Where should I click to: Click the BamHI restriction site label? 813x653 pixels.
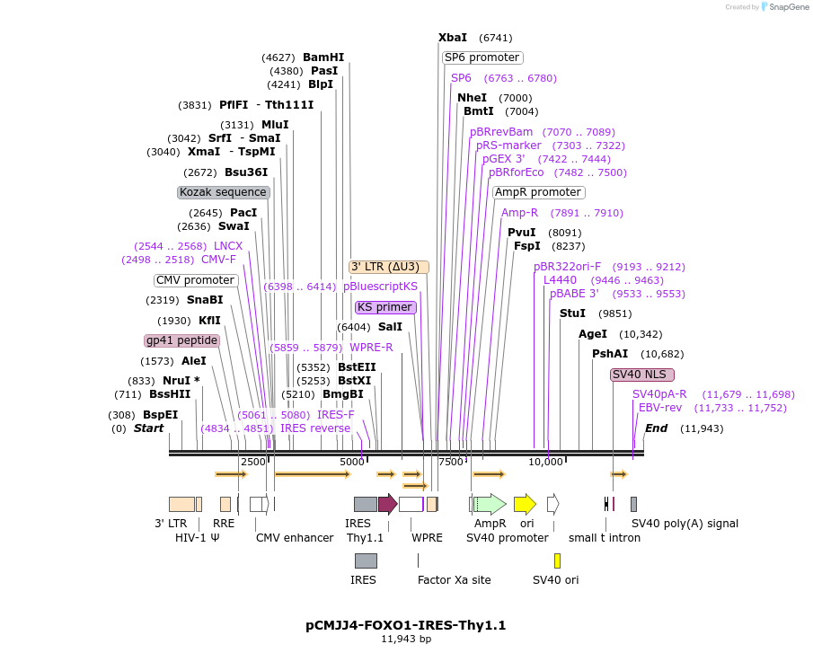(323, 57)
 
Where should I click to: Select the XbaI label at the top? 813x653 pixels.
(453, 38)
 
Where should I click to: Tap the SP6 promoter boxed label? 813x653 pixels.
(482, 57)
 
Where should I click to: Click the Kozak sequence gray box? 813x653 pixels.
(223, 192)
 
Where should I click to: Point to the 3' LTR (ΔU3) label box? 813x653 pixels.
(389, 267)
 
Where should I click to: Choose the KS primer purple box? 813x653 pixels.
(385, 307)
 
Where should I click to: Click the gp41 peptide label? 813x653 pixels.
(182, 340)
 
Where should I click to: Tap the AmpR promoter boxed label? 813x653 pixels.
(538, 192)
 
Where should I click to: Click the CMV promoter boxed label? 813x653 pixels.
(195, 280)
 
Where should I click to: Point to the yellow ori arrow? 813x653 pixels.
(525, 504)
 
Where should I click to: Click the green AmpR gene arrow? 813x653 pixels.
(490, 504)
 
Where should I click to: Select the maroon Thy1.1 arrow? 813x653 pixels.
(387, 504)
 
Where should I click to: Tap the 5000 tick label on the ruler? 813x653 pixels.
(351, 462)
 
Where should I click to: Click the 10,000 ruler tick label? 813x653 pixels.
(544, 462)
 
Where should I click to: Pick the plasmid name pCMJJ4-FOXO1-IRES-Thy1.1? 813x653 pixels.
(406, 625)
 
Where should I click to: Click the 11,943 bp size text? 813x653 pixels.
(406, 640)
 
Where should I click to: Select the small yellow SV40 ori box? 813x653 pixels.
(557, 561)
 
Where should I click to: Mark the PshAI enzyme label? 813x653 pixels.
(610, 354)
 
